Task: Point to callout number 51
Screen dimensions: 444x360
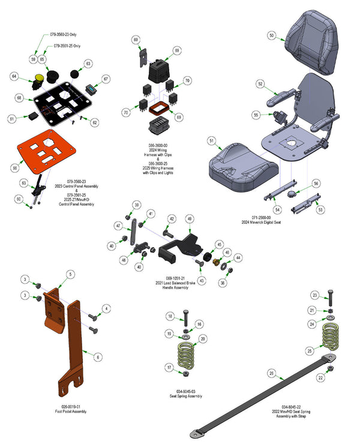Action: click(211, 141)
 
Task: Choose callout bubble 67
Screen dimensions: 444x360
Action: click(106, 79)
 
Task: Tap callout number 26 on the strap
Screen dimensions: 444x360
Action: click(271, 373)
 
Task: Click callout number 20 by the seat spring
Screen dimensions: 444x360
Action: click(203, 339)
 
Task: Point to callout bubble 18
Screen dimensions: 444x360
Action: click(170, 316)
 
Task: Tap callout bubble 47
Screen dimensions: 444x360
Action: click(118, 226)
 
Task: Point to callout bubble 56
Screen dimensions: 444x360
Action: click(316, 183)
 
